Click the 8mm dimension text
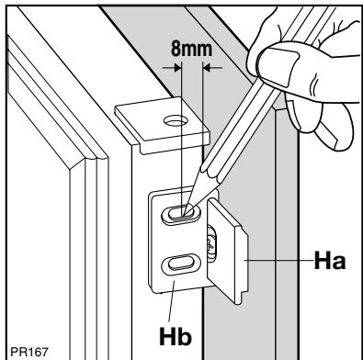[191, 49]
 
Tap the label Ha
[330, 261]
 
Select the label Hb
[176, 336]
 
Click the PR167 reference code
[29, 352]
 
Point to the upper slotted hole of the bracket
[181, 213]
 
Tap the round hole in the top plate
[176, 120]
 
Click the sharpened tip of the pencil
[185, 214]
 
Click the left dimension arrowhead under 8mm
[177, 68]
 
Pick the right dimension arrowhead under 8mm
[207, 68]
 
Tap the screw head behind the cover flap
[211, 244]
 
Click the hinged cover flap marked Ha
[227, 251]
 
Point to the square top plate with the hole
[163, 125]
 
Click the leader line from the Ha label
[278, 261]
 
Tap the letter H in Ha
[323, 261]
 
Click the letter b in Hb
[185, 336]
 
